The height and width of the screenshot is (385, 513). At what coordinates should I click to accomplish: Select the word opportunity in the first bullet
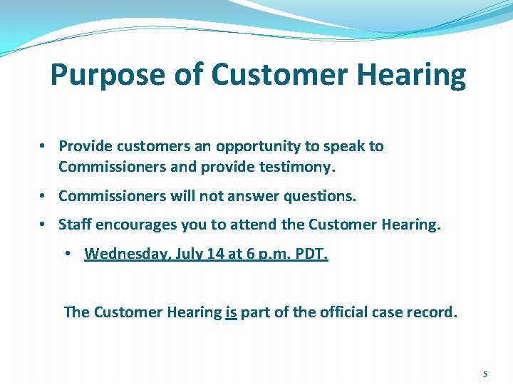pos(260,146)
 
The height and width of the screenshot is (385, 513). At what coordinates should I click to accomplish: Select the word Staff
pos(75,225)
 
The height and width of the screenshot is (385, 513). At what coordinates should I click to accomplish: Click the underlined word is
pos(231,312)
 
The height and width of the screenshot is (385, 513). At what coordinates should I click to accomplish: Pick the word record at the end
pos(430,312)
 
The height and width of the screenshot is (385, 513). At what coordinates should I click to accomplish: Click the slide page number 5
pos(485,374)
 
